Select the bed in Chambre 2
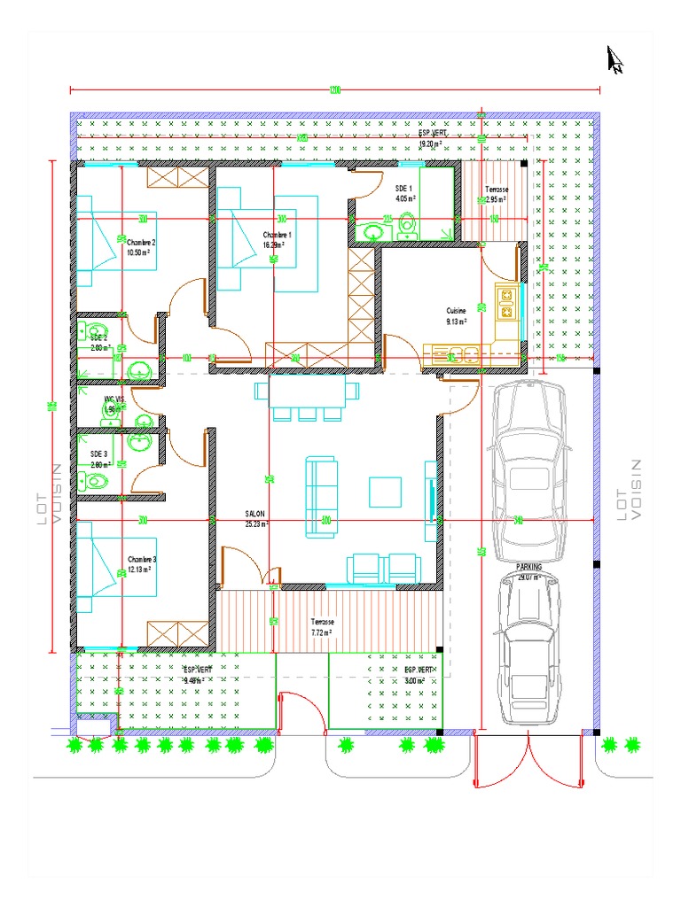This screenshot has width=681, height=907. pyautogui.click(x=115, y=247)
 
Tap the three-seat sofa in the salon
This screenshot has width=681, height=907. pyautogui.click(x=321, y=498)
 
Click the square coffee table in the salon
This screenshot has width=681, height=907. pyautogui.click(x=385, y=492)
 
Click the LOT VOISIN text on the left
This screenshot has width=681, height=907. pyautogui.click(x=48, y=496)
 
